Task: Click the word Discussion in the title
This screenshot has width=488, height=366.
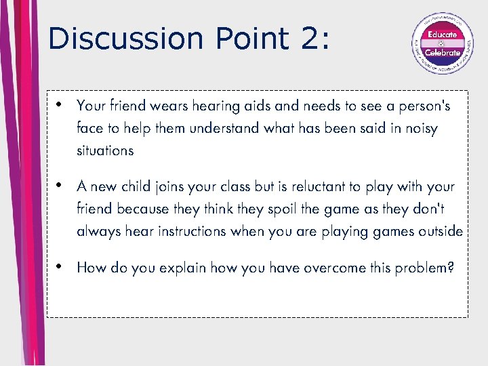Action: point(126,39)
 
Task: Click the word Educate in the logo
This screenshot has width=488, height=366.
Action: point(442,34)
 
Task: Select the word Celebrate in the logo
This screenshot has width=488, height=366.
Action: point(442,53)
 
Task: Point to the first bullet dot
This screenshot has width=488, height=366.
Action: point(60,106)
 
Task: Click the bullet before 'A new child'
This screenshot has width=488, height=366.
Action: point(60,186)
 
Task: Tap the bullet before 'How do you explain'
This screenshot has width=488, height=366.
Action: point(60,267)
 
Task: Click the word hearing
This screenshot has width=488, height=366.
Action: point(216,106)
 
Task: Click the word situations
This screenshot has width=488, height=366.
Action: point(105,150)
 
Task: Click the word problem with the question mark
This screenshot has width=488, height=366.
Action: point(424,268)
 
